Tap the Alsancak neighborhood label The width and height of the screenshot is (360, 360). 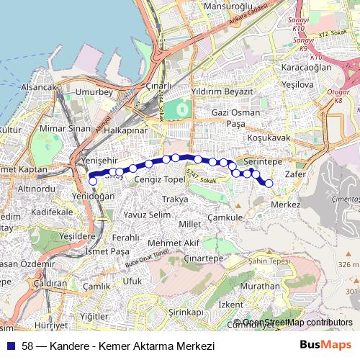pyautogui.click(x=39, y=87)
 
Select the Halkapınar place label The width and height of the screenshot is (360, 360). pyautogui.click(x=126, y=132)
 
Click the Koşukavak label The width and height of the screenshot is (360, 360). pyautogui.click(x=268, y=137)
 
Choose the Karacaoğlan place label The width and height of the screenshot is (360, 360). pyautogui.click(x=306, y=67)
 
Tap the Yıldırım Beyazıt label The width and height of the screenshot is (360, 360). pyautogui.click(x=222, y=93)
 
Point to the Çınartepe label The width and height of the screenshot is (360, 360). pyautogui.click(x=203, y=258)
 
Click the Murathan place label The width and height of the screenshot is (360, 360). pyautogui.click(x=261, y=287)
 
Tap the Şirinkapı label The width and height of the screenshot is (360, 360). pyautogui.click(x=186, y=312)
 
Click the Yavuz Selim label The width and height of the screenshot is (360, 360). pyautogui.click(x=146, y=215)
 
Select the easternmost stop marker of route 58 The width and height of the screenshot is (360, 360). pyautogui.click(x=269, y=184)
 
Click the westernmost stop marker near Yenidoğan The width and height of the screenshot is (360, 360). pyautogui.click(x=93, y=181)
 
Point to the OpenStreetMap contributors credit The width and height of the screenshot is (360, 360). pyautogui.click(x=297, y=322)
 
